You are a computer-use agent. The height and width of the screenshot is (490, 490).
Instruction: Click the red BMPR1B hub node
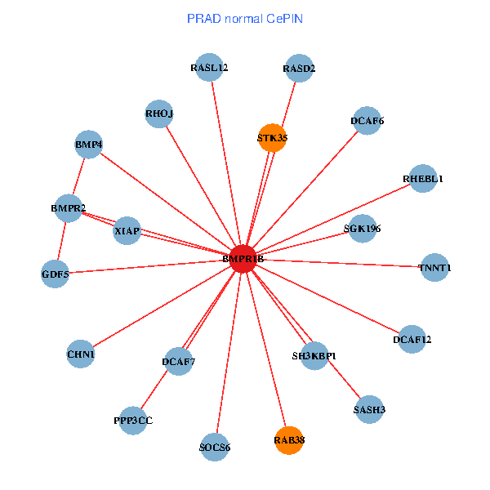coord(243,259)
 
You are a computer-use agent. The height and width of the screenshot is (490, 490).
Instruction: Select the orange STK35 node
coord(272,138)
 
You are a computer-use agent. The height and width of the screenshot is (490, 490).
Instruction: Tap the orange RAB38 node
coord(289,440)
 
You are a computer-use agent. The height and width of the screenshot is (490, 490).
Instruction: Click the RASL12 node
coord(209,67)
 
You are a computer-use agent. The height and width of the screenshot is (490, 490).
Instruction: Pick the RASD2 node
coord(299,68)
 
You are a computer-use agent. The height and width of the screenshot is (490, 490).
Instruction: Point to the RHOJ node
coord(159,114)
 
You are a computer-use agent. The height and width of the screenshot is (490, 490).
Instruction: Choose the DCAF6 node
coord(367,121)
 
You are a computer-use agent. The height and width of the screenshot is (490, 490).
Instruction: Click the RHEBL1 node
coord(423,178)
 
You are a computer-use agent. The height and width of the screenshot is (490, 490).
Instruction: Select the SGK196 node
coord(362,229)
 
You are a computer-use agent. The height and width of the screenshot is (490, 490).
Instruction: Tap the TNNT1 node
coord(434,268)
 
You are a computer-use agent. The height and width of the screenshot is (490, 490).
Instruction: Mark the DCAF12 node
coord(412,340)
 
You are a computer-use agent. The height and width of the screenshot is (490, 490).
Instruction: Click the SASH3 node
coord(369,409)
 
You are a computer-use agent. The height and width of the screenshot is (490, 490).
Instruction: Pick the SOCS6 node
coord(215,448)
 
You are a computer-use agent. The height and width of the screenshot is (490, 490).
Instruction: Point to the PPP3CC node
coord(133,421)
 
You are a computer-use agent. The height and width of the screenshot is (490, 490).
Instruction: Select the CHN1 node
coord(81,354)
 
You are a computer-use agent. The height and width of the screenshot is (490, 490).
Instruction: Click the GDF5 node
coord(55,274)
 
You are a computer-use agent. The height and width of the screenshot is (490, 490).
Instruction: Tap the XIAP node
coord(127,230)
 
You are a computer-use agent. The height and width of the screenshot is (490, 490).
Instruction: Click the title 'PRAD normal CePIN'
coord(245,19)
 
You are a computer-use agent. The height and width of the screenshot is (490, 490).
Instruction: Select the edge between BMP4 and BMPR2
coord(78,176)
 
